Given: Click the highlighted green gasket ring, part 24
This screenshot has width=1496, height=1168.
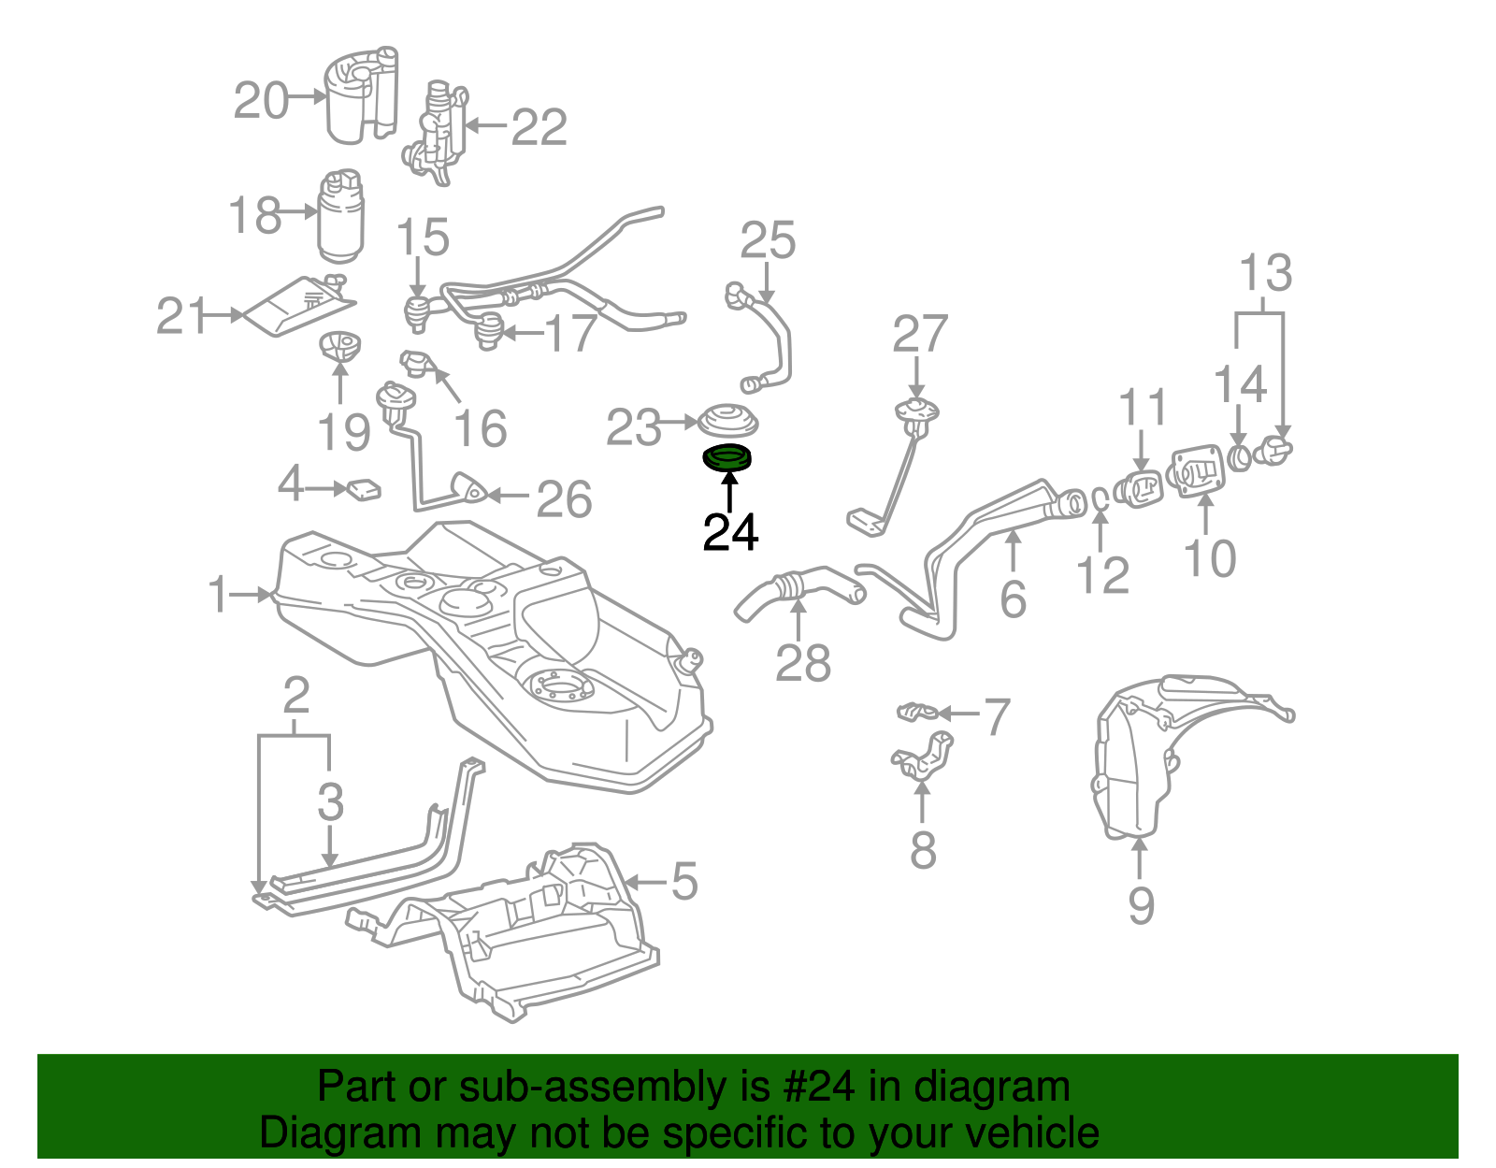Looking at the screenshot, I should click(x=727, y=458).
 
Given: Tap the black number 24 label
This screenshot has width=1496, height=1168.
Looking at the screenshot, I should click(x=730, y=533).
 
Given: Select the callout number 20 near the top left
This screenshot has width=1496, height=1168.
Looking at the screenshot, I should click(x=261, y=100).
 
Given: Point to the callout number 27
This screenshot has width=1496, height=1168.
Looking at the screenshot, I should click(x=920, y=335).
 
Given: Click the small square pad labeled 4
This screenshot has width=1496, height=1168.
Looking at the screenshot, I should click(x=364, y=489).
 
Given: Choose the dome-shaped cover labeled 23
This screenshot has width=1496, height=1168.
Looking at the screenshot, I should click(x=728, y=420).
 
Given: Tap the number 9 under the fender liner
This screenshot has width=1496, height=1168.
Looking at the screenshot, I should click(x=1141, y=904).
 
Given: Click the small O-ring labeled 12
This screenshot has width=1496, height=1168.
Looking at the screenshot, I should click(x=1100, y=499).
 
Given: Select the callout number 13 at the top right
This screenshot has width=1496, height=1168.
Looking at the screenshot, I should click(x=1265, y=274).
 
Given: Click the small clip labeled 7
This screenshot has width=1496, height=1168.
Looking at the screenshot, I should click(x=917, y=713).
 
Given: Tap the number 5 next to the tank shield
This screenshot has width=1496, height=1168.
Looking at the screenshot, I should click(x=684, y=882).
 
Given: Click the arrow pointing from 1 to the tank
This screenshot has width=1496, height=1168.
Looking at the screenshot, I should click(x=251, y=594).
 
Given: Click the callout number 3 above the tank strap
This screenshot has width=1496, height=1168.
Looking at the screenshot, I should click(x=330, y=801).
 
